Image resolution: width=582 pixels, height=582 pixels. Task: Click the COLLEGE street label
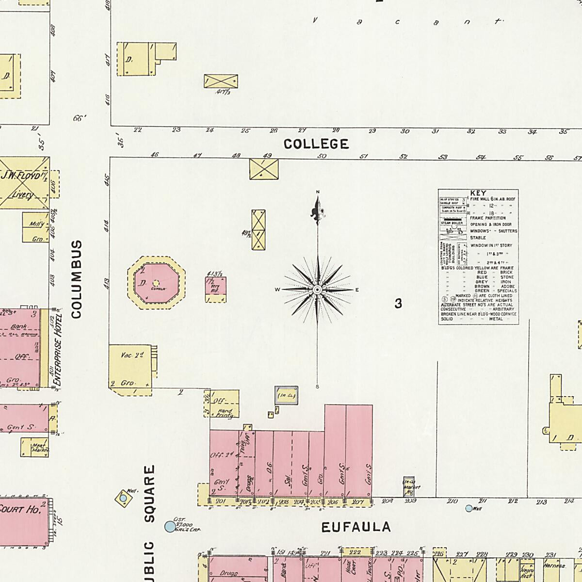(x=316, y=144)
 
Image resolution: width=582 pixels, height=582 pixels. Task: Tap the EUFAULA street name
(x=356, y=527)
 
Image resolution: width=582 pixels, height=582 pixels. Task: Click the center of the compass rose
(x=317, y=290)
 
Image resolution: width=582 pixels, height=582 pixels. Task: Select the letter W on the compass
(x=278, y=290)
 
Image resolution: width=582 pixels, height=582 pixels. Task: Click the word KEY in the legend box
(x=478, y=193)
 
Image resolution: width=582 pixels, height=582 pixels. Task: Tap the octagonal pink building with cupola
(x=156, y=283)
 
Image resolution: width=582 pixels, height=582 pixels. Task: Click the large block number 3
(x=398, y=304)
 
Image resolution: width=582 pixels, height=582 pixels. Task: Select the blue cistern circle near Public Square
(x=169, y=526)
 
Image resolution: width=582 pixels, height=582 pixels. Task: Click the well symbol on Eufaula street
(x=469, y=508)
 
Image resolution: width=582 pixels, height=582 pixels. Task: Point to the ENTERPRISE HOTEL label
(x=58, y=350)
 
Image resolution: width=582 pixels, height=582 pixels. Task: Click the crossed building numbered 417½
(x=221, y=81)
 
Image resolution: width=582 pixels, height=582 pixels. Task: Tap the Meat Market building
(x=35, y=448)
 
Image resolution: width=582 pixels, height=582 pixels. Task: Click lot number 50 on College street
(x=322, y=156)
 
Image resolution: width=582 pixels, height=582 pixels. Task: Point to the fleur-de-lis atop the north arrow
(x=317, y=211)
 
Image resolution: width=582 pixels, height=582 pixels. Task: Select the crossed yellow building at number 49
(x=264, y=169)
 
